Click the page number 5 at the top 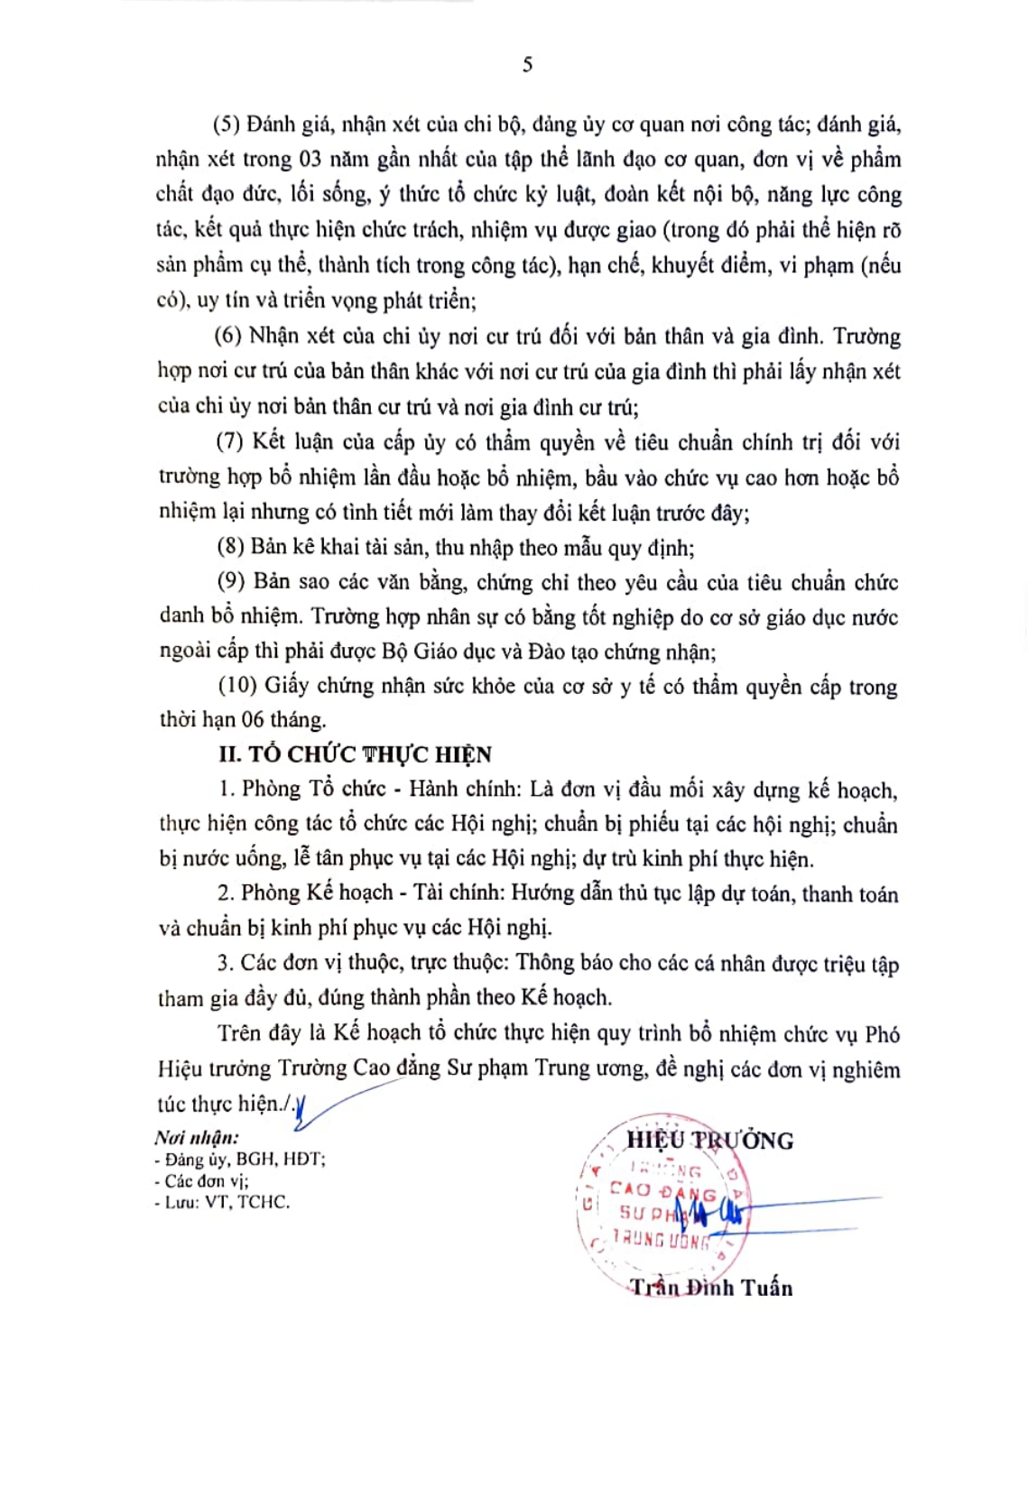coord(527,64)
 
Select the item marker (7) coord(230,441)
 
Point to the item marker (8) coord(230,547)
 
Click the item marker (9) coord(232,581)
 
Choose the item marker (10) coord(237,686)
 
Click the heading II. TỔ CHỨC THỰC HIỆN coord(355,754)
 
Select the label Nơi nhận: coord(197,1137)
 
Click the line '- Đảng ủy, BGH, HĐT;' coord(240,1159)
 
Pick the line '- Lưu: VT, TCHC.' coord(222,1202)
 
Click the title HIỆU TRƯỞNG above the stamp coord(709,1141)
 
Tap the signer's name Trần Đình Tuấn coord(711,1288)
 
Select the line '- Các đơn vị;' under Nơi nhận coord(202,1180)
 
